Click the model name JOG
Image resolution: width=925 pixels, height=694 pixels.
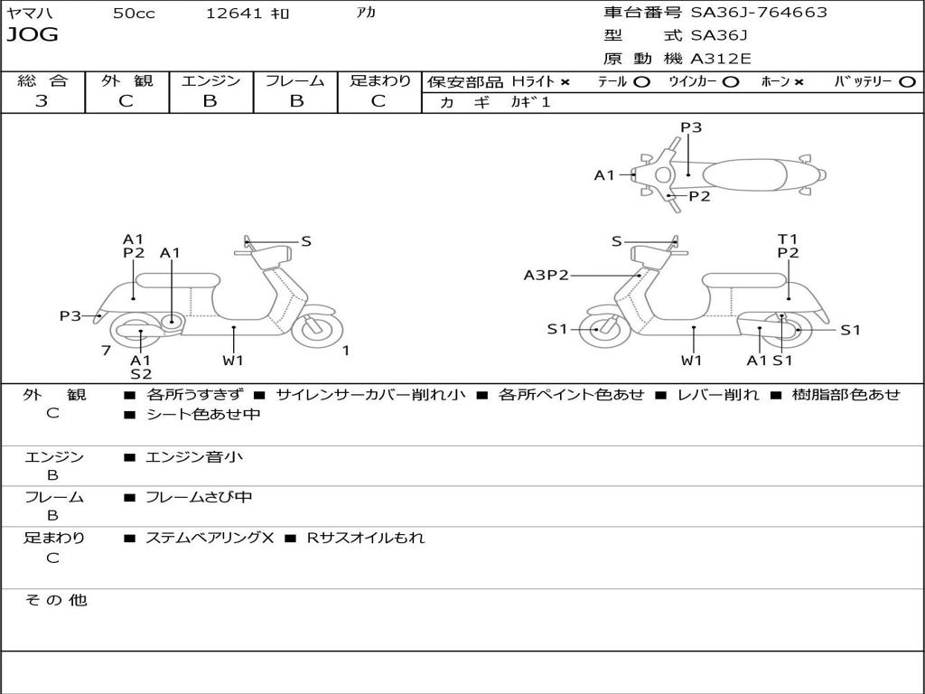coord(33,35)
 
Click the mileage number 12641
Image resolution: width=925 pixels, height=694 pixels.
coord(234,14)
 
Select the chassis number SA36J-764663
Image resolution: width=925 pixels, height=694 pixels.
coord(759,13)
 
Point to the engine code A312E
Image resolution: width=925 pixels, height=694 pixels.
coord(721,59)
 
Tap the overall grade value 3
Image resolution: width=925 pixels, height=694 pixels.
coord(42,101)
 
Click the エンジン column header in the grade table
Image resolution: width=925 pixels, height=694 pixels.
coord(211,80)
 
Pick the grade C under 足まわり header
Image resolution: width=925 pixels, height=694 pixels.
coord(378,101)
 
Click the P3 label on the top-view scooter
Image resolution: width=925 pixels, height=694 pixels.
coord(691,127)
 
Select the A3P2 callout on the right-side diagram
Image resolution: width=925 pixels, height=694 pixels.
coord(547,276)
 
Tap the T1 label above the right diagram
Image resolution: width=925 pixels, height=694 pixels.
coord(788,239)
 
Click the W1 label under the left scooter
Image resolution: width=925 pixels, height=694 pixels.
coord(233,361)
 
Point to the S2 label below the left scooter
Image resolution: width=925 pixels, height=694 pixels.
coord(141,373)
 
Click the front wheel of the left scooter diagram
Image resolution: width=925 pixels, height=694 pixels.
coord(318,329)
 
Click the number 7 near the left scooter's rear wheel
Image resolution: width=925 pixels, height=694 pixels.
coord(107,351)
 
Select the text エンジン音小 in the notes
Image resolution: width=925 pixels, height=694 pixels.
coord(194,457)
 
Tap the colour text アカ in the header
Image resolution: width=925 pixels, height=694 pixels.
coord(366,14)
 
